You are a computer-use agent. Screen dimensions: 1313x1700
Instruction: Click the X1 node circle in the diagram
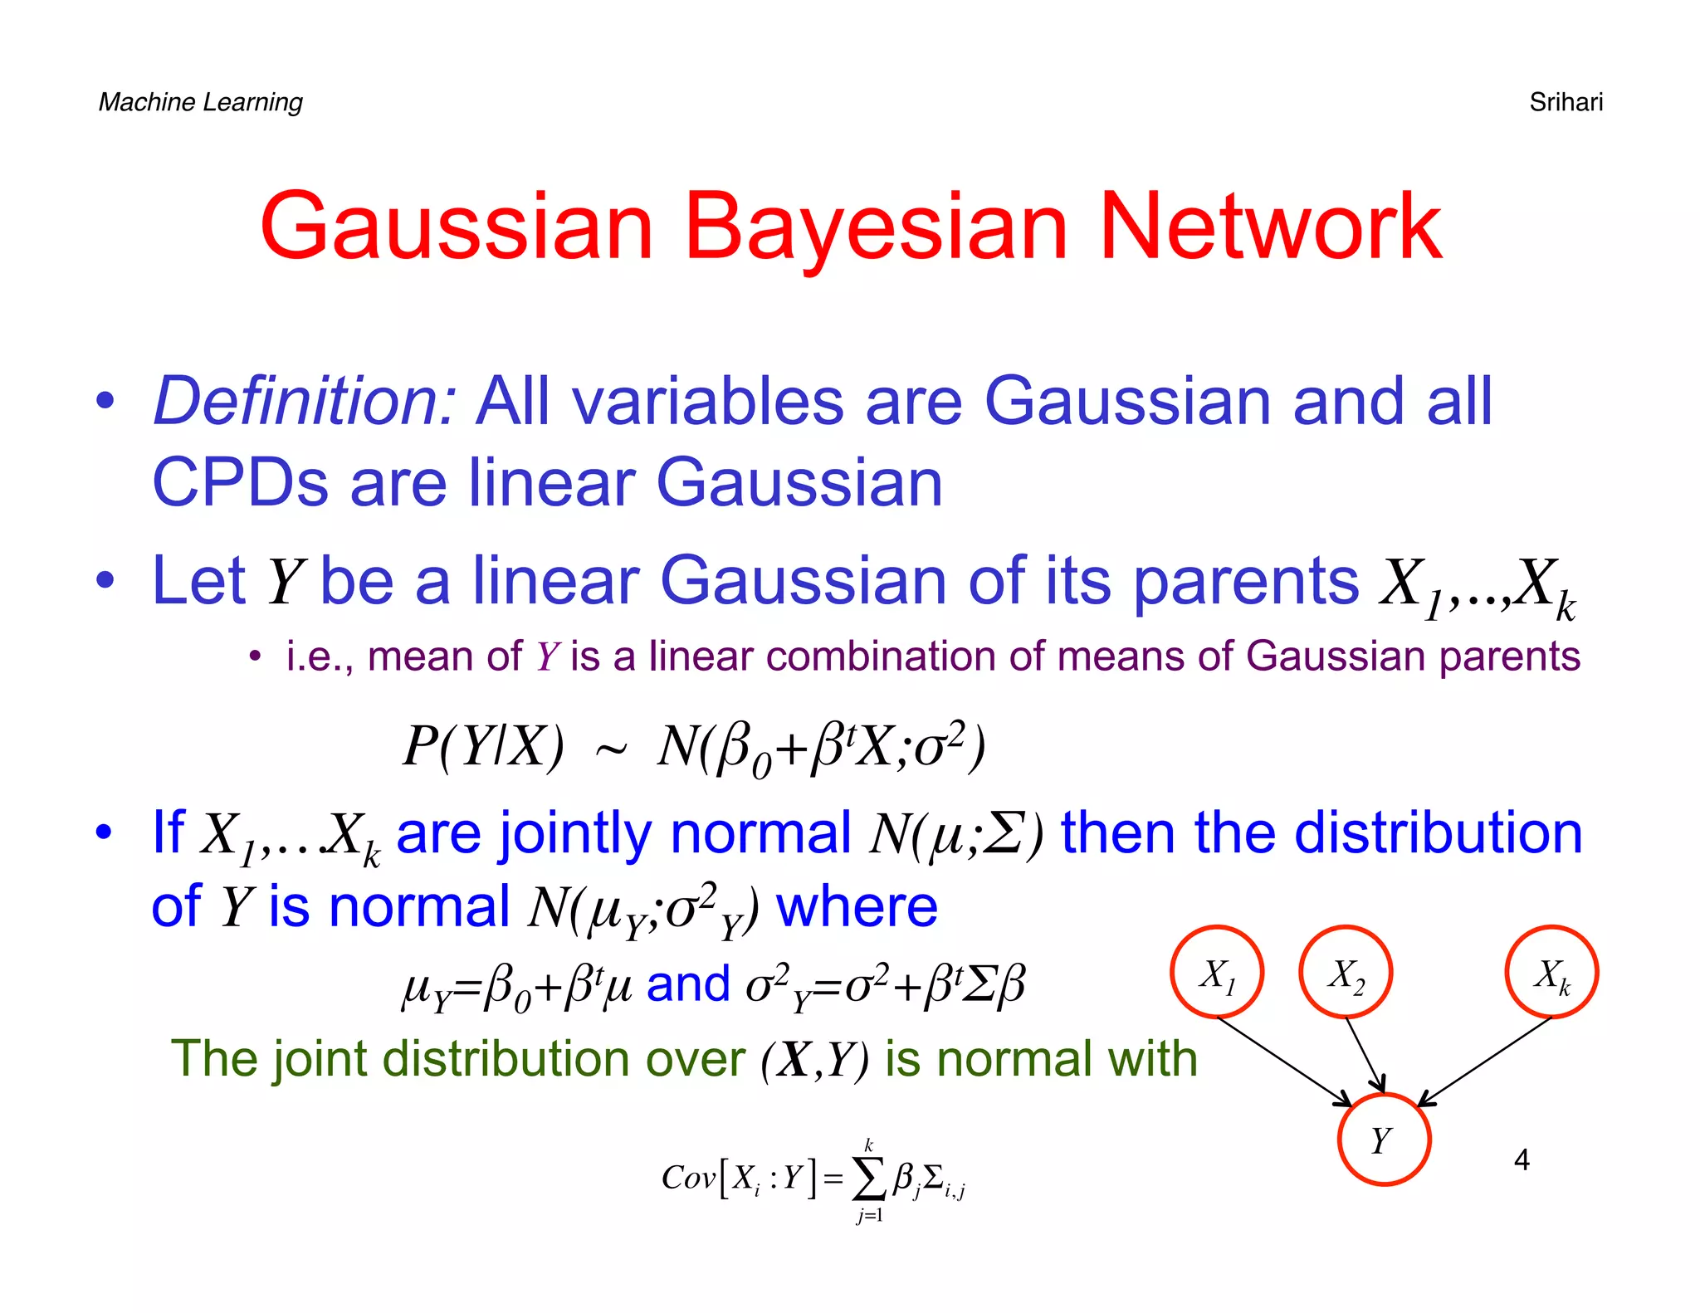1217,972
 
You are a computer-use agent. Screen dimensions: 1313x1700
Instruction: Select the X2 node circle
1346,972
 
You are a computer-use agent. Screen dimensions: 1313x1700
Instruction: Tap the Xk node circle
1551,972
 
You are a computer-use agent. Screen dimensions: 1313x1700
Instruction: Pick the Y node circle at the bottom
1384,1140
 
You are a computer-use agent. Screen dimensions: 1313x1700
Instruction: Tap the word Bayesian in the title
875,226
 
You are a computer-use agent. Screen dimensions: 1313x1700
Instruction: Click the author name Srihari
1566,102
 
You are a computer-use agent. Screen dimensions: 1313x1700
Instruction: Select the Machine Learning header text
200,102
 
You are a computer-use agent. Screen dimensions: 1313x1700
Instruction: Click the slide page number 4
1522,1159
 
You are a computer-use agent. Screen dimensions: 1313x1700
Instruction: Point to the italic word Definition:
305,401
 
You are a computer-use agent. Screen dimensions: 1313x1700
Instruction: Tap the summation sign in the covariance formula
869,1179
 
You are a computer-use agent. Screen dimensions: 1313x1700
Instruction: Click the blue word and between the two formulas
688,984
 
